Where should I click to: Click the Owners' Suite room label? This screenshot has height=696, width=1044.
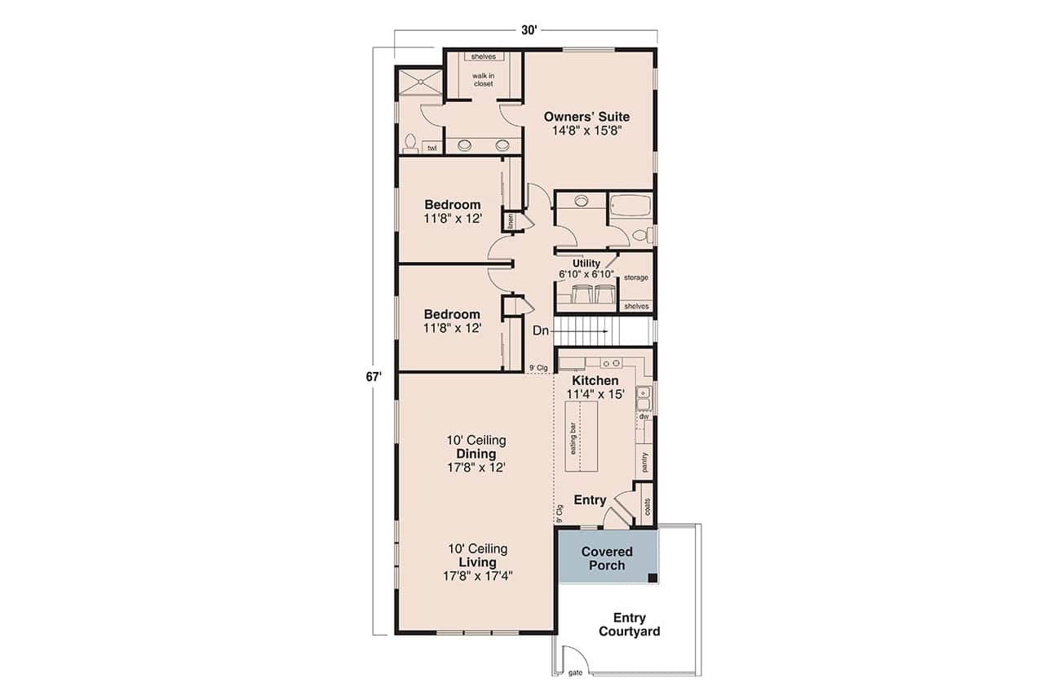pos(587,117)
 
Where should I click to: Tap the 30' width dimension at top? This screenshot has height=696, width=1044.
pos(529,30)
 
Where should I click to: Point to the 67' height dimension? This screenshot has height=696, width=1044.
pos(374,378)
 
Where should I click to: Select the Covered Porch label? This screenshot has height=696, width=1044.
pos(607,559)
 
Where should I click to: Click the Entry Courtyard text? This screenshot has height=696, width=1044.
pos(629,624)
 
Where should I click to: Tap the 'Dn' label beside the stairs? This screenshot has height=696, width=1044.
pos(541,330)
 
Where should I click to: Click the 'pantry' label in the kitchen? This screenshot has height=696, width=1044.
pos(644,463)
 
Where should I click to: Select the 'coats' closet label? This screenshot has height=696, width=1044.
pos(648,506)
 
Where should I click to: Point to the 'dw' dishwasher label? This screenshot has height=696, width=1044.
pos(644,416)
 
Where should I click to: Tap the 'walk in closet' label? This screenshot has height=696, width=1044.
pos(483,79)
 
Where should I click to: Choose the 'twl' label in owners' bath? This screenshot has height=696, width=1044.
pos(431,148)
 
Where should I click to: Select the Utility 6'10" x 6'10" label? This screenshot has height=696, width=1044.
pos(586,269)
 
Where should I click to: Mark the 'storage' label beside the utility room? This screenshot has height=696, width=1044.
pos(636,277)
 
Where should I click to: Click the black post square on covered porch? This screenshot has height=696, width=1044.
pos(652,578)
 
